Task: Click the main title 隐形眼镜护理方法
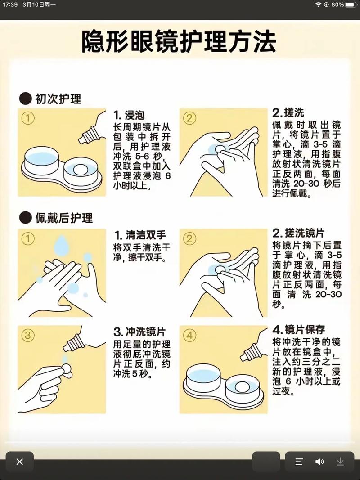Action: click(x=179, y=41)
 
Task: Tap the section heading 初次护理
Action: click(x=58, y=99)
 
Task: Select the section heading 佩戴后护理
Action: click(x=63, y=218)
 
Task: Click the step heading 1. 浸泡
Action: click(x=129, y=115)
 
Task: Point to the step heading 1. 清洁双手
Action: click(x=140, y=235)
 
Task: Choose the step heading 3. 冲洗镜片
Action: click(x=139, y=332)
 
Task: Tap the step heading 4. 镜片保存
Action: click(x=298, y=329)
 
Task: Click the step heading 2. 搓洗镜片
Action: click(x=298, y=233)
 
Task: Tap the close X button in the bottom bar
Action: click(x=20, y=462)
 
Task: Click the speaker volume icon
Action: click(x=319, y=462)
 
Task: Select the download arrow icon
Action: click(x=340, y=462)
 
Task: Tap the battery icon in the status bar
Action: click(x=351, y=4)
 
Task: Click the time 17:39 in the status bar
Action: click(x=10, y=4)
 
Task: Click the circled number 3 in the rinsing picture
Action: click(x=27, y=335)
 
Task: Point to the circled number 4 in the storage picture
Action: click(x=189, y=335)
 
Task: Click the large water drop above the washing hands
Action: click(x=62, y=245)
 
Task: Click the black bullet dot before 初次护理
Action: click(x=25, y=99)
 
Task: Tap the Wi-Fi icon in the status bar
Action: click(x=318, y=4)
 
